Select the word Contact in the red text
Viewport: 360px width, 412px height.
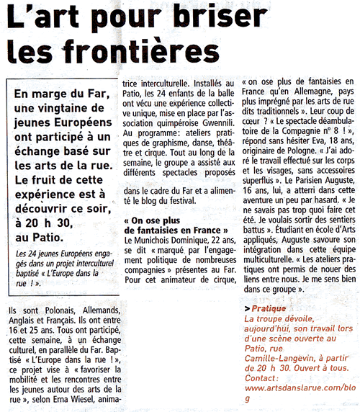[263, 377]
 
